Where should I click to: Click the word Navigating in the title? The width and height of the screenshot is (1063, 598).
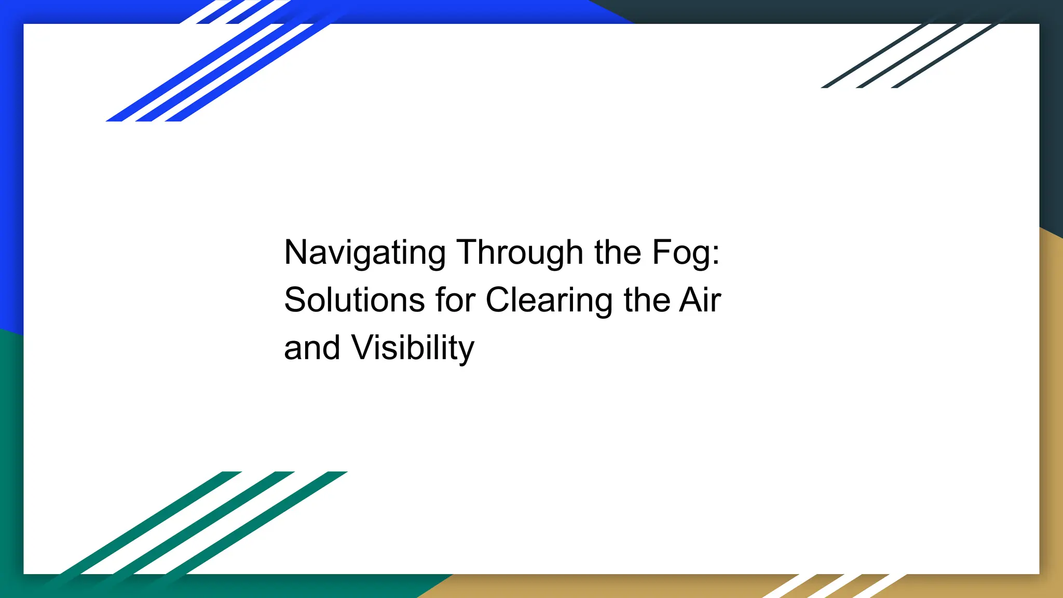click(364, 253)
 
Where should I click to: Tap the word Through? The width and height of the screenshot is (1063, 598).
click(520, 253)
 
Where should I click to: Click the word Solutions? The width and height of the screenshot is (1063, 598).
click(355, 300)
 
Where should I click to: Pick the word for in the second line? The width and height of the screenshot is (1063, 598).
click(455, 300)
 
